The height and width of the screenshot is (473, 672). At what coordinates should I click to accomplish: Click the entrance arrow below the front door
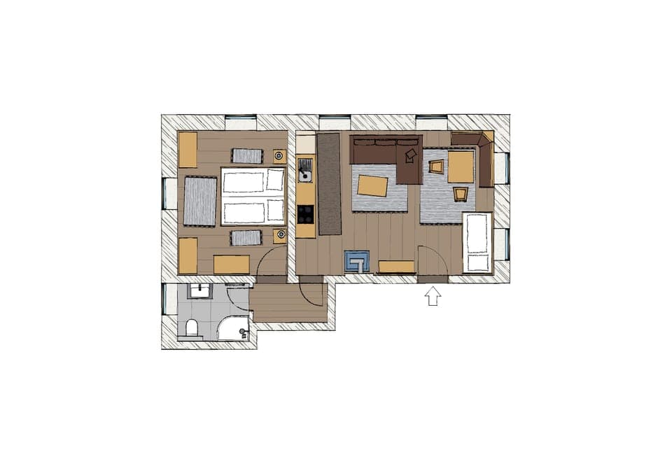(433, 297)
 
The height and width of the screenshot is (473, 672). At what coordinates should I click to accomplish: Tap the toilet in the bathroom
(192, 327)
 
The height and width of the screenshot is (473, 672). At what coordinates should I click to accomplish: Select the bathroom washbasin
(199, 290)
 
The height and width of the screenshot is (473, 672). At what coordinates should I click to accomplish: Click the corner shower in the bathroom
(234, 327)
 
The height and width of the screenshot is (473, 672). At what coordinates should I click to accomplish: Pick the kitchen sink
(305, 167)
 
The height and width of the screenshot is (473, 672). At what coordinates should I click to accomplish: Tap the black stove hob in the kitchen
(305, 214)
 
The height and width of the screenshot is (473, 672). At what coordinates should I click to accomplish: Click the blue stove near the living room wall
(356, 262)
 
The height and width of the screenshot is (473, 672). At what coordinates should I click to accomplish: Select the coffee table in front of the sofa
(372, 185)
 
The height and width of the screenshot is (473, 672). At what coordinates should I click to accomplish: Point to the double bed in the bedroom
(253, 196)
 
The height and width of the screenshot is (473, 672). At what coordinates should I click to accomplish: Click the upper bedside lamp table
(279, 155)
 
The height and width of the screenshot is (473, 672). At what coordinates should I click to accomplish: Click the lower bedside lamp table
(279, 236)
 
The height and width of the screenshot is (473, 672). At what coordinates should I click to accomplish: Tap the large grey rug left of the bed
(200, 201)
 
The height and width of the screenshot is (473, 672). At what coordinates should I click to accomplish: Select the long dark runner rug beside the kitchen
(328, 183)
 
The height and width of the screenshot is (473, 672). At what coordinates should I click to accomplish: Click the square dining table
(461, 167)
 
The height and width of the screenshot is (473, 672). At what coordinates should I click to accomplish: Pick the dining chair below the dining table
(461, 193)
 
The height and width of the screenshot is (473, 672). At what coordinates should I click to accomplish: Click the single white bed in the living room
(477, 242)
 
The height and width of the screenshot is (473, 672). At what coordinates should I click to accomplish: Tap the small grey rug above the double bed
(246, 155)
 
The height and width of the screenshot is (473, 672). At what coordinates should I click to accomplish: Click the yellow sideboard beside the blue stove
(396, 266)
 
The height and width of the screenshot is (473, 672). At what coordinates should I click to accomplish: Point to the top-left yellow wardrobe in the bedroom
(188, 149)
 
